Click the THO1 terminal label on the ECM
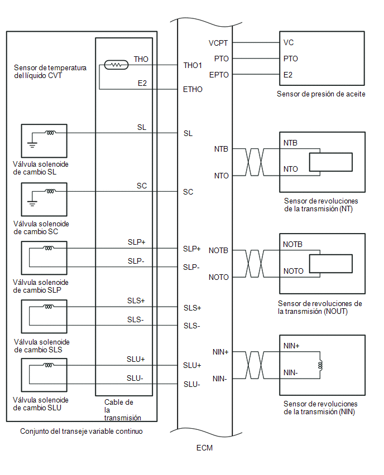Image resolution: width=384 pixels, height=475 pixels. pyautogui.click(x=193, y=65)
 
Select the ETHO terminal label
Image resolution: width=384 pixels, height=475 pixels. pyautogui.click(x=193, y=89)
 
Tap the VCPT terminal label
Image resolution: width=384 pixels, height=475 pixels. pyautogui.click(x=218, y=42)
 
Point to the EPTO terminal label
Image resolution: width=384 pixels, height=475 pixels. pyautogui.click(x=218, y=74)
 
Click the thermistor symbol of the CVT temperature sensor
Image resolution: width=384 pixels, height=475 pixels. pyautogui.click(x=116, y=65)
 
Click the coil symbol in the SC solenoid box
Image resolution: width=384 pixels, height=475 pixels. pyautogui.click(x=50, y=191)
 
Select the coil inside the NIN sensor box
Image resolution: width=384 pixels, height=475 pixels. pyautogui.click(x=320, y=366)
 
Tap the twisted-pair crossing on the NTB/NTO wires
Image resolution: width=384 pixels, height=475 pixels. pyautogui.click(x=255, y=162)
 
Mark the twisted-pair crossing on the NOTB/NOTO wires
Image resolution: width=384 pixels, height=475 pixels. pyautogui.click(x=255, y=264)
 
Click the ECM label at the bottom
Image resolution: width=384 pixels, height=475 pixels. pyautogui.click(x=204, y=447)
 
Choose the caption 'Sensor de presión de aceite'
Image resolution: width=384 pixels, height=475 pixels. pyautogui.click(x=321, y=94)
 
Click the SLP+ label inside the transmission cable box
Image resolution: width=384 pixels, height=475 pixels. pyautogui.click(x=136, y=242)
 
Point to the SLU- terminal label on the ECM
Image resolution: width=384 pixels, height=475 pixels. pyautogui.click(x=192, y=384)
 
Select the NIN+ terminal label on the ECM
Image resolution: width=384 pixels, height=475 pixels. pyautogui.click(x=219, y=352)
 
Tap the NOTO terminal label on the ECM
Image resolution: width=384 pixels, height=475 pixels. pyautogui.click(x=218, y=277)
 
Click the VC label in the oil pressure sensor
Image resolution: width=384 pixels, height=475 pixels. pyautogui.click(x=289, y=42)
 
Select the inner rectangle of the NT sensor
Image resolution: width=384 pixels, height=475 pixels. pyautogui.click(x=331, y=162)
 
